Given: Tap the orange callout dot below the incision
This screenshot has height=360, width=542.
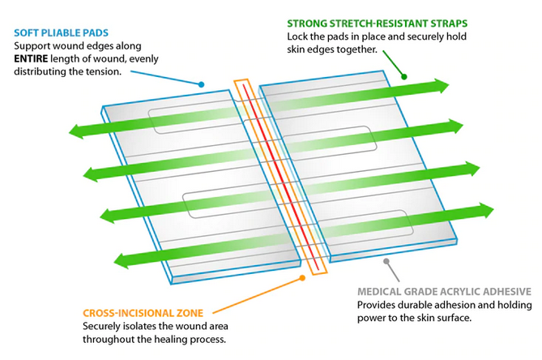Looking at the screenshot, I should [x=304, y=277].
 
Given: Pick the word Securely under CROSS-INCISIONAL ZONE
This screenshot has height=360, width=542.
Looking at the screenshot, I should [x=103, y=326].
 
